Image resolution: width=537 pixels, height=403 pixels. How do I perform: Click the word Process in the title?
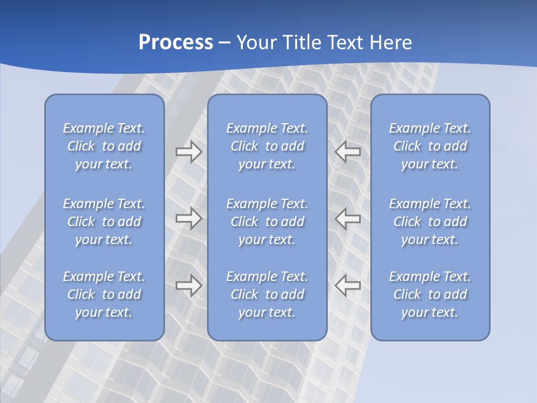176,43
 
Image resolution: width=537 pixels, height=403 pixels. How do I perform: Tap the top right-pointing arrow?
189,152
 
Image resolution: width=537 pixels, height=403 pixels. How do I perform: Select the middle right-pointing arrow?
189,218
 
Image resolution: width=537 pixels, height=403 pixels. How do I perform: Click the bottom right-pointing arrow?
189,285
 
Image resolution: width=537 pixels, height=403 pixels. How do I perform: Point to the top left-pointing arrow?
348,152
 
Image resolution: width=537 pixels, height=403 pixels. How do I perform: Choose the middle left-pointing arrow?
348,218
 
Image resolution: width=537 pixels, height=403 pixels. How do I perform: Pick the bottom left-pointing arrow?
348,285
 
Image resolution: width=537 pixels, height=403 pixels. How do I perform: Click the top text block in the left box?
104,146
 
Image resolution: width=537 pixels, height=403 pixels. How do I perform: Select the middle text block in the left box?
104,222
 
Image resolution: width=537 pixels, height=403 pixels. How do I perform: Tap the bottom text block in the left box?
104,294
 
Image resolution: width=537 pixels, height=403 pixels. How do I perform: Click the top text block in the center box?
267,146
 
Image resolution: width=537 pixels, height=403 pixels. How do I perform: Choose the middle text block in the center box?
267,222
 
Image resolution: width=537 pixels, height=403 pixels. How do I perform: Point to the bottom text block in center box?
267,294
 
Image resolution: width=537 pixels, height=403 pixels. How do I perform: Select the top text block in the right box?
430,146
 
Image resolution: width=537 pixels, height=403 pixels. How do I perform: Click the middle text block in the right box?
430,222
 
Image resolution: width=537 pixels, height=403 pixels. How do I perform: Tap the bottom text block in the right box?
430,294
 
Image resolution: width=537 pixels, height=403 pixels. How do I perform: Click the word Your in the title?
257,43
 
